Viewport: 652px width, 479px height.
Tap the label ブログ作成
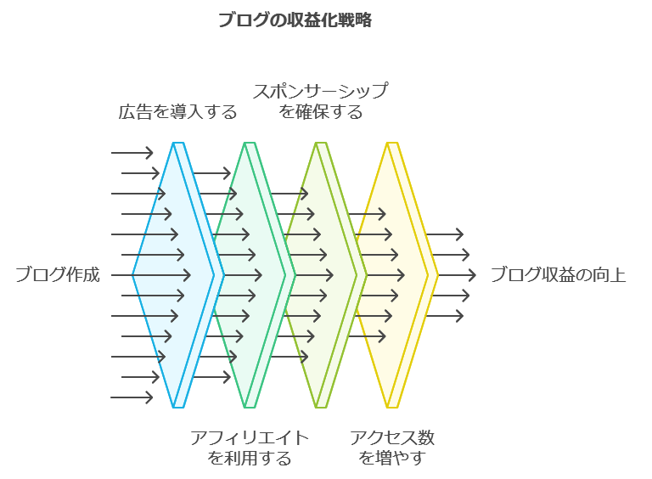coord(58,275)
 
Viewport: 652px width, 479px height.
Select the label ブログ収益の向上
coord(558,275)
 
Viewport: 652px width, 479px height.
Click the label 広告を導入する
coord(177,112)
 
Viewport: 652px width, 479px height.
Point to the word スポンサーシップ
coord(320,91)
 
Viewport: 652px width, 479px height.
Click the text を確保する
coord(320,112)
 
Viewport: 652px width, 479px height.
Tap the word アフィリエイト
coord(250,438)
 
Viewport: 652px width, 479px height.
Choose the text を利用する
coord(250,459)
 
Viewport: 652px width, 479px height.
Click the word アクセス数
coord(392,438)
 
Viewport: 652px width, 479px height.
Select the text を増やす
coord(392,459)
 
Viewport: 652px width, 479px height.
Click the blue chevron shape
coord(174,275)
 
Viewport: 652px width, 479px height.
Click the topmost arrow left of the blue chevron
coord(132,153)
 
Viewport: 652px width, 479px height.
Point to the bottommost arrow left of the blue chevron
coord(132,397)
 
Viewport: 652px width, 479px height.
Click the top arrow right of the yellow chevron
coord(444,234)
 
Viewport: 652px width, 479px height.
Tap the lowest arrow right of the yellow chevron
coord(444,316)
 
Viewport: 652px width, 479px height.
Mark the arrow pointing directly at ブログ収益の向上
coord(458,275)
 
